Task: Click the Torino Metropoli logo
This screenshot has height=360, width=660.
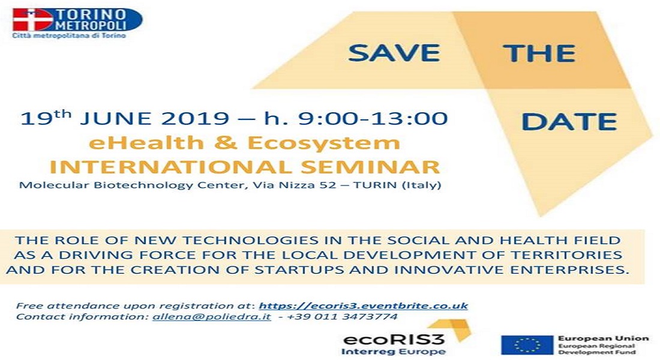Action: point(77,23)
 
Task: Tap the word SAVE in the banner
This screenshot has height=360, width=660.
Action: point(394,53)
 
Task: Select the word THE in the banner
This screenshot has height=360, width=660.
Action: point(541,53)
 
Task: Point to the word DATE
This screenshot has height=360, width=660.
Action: point(569,122)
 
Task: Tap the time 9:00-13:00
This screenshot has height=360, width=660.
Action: point(373,118)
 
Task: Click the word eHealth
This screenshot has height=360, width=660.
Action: point(146,143)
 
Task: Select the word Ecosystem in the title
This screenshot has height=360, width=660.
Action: point(323,143)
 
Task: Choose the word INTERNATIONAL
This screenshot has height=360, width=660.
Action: point(170,167)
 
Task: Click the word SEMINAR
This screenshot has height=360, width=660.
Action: point(370,167)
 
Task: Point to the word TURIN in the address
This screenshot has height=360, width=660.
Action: point(375,185)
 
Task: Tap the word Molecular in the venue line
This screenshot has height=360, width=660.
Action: point(54,185)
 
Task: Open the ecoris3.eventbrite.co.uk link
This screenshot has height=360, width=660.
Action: point(363,305)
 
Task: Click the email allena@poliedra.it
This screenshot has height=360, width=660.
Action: point(212,317)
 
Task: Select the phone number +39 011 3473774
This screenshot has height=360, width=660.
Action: point(342,317)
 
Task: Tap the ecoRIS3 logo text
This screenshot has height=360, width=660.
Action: point(394,340)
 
